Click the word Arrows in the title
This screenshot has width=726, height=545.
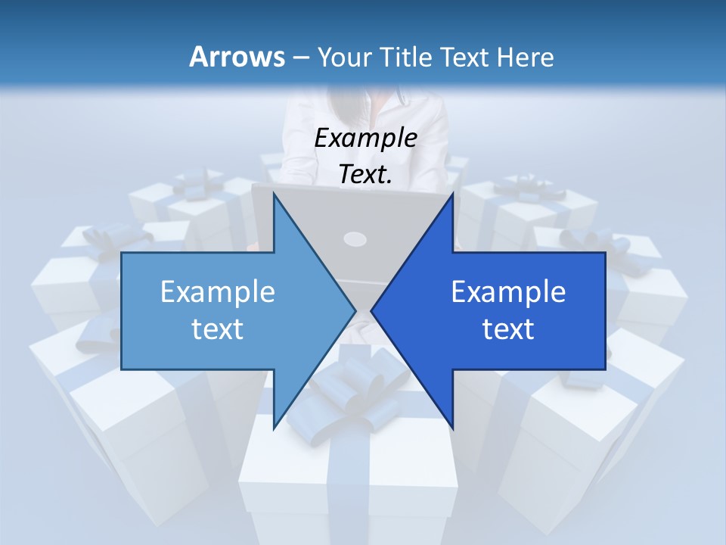[x=237, y=57]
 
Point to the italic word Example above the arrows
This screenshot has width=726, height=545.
[x=366, y=139]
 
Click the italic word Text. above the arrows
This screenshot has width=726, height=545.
[x=366, y=175]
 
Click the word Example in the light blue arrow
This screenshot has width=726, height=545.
[x=218, y=291]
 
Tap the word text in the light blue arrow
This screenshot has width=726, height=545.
[x=218, y=329]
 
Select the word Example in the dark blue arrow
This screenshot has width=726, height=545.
[x=508, y=291]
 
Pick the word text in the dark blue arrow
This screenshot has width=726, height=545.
[x=508, y=329]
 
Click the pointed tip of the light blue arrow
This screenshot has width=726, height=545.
[x=355, y=310]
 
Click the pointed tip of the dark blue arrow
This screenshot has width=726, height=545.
[x=372, y=310]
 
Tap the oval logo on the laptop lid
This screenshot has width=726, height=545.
[x=355, y=239]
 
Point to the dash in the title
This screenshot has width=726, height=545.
[x=300, y=58]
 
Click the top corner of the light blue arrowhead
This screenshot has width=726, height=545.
[x=275, y=193]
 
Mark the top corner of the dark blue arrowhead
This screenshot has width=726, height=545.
[x=452, y=193]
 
